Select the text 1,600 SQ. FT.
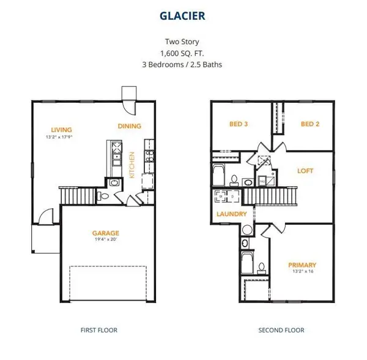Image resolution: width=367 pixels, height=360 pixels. coord(183,54)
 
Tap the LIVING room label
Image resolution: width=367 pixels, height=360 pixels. coord(62,130)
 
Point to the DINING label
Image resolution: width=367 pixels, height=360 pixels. coord(129,127)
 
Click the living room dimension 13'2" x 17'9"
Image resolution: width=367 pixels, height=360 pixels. coord(62,137)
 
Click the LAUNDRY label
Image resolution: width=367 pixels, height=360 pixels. coord(232,214)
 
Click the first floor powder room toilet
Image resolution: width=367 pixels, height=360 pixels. coord(104,197)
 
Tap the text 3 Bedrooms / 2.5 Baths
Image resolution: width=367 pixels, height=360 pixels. coord(183,64)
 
